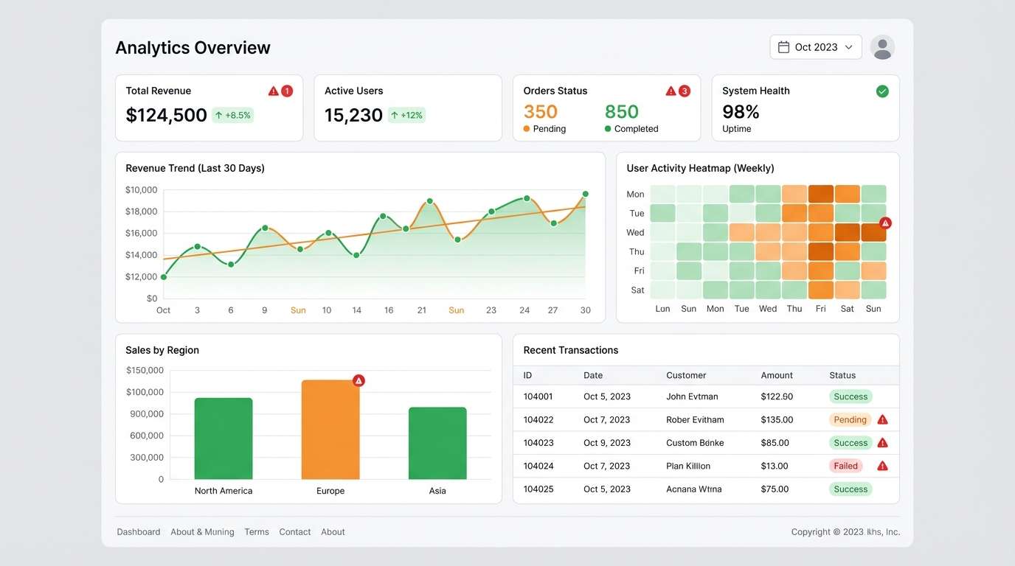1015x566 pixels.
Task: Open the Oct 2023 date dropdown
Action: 815,47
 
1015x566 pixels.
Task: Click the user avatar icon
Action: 882,47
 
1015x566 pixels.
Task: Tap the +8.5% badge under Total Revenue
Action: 232,115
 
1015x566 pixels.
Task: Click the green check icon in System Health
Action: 882,91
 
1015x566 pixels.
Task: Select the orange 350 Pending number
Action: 541,112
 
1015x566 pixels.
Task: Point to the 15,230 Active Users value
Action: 353,115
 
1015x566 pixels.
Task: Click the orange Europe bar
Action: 330,430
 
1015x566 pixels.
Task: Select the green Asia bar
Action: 437,444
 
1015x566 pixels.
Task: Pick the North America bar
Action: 224,439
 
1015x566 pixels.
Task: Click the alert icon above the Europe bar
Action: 358,381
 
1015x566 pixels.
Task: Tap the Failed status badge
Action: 845,466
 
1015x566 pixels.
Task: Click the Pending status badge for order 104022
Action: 850,420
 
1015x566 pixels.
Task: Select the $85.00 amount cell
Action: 775,443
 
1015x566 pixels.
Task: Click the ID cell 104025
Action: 538,489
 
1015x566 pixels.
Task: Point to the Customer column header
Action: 686,375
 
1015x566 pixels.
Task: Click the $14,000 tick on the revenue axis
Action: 141,255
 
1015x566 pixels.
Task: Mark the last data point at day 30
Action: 586,195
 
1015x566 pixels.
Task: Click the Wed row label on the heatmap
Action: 635,233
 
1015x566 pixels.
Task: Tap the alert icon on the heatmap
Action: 885,223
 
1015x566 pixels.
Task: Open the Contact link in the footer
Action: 294,532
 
